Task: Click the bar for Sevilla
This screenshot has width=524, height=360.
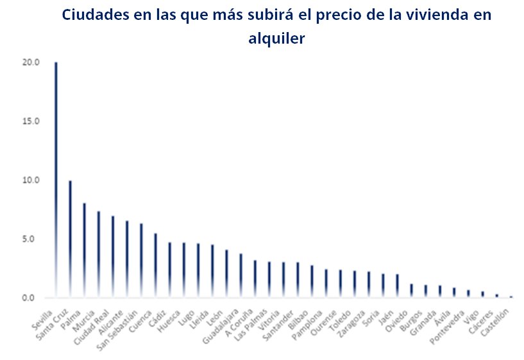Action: click(56, 180)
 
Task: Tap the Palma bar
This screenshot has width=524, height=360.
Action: click(85, 250)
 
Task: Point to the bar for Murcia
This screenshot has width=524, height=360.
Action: click(99, 254)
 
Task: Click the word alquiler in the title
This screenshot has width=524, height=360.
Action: click(276, 39)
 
